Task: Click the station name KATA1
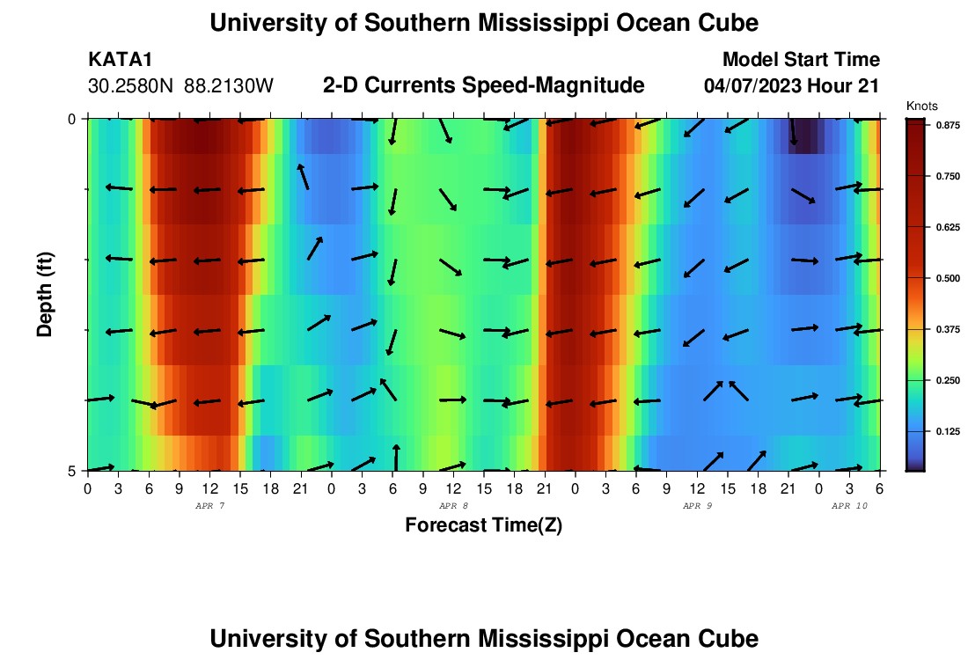click(x=121, y=60)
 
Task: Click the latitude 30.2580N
click(x=132, y=86)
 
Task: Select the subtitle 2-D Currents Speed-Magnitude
click(x=483, y=85)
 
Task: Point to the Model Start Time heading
click(x=800, y=60)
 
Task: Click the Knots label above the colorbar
click(x=921, y=106)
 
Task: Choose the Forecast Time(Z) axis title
click(x=483, y=525)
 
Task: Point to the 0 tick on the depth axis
click(x=73, y=118)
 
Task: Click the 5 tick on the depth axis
click(x=73, y=471)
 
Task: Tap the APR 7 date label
click(x=209, y=506)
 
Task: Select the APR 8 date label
click(x=453, y=506)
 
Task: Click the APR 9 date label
click(x=697, y=506)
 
